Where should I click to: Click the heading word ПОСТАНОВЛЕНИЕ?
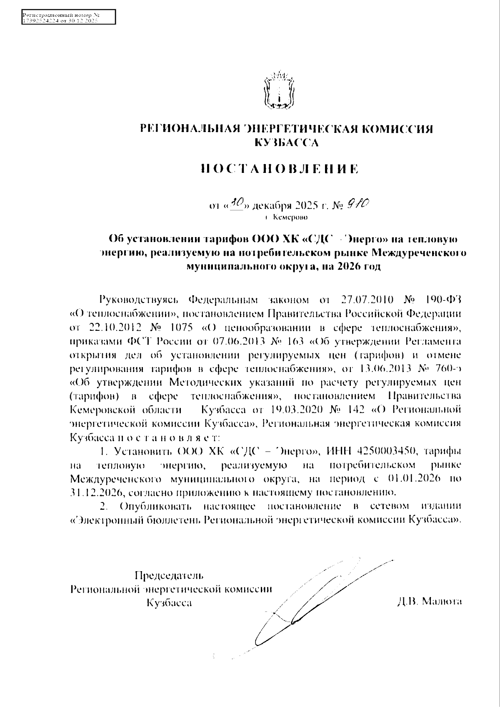279,169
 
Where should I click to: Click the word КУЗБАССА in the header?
286,143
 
